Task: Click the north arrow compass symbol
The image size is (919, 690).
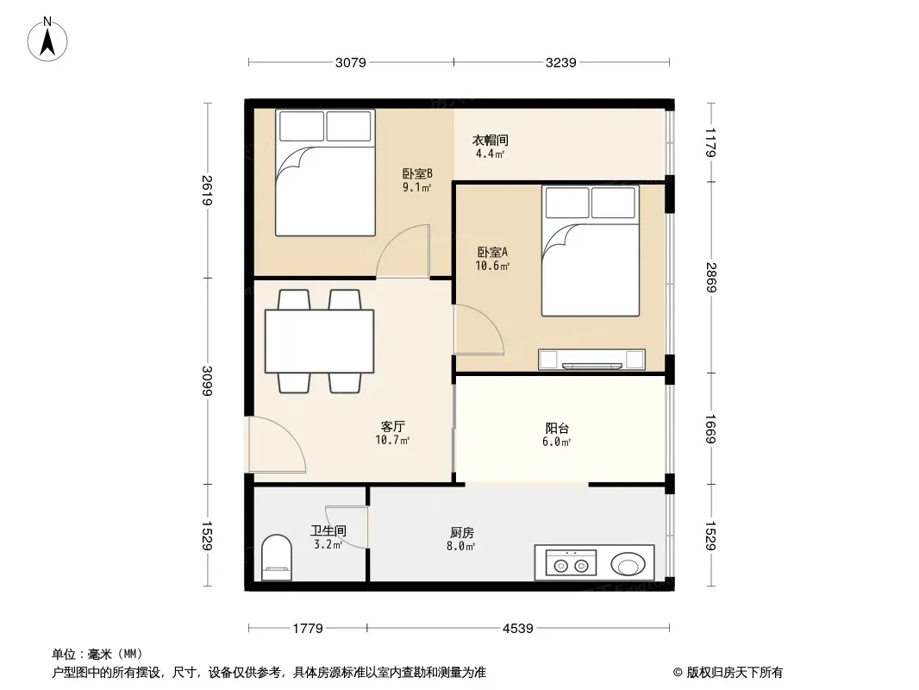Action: click(x=47, y=40)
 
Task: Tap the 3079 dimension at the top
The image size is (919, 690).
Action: click(x=351, y=63)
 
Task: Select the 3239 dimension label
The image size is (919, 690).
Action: click(x=561, y=63)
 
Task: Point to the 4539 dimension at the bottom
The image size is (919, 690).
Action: click(x=518, y=629)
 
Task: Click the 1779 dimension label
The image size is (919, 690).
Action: click(x=308, y=629)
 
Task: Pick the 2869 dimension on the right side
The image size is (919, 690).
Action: click(x=711, y=277)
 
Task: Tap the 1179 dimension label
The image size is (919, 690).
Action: click(x=711, y=142)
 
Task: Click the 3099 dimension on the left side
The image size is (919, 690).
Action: click(x=207, y=381)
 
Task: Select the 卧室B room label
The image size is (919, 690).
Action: click(x=417, y=173)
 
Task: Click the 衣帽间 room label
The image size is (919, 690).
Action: click(x=490, y=140)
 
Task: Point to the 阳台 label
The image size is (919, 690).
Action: click(x=557, y=429)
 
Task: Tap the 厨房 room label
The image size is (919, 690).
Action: click(x=462, y=532)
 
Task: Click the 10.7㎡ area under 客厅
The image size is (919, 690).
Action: click(x=392, y=440)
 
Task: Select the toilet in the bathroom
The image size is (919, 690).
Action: click(x=277, y=557)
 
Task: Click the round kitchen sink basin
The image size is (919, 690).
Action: click(x=628, y=565)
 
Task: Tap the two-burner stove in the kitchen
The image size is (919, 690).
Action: click(x=571, y=564)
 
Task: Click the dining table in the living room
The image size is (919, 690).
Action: click(x=320, y=342)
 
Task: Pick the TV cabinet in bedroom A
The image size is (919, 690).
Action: click(x=592, y=360)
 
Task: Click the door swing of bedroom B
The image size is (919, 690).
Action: click(x=403, y=251)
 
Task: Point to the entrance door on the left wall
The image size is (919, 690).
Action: click(x=277, y=444)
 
